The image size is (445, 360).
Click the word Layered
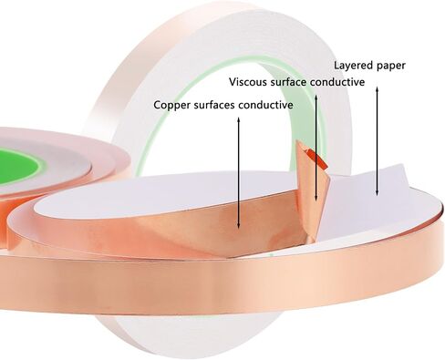pos(353,66)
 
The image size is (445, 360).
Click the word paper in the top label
pos(390,67)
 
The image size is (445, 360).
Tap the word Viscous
pos(245,82)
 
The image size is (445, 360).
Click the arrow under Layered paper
pos(378,141)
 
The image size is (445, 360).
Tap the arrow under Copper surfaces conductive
pos(239,172)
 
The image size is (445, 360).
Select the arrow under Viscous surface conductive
pos(316,148)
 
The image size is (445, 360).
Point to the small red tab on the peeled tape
pos(318,158)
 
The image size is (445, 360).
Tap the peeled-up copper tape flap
pos(312,189)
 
